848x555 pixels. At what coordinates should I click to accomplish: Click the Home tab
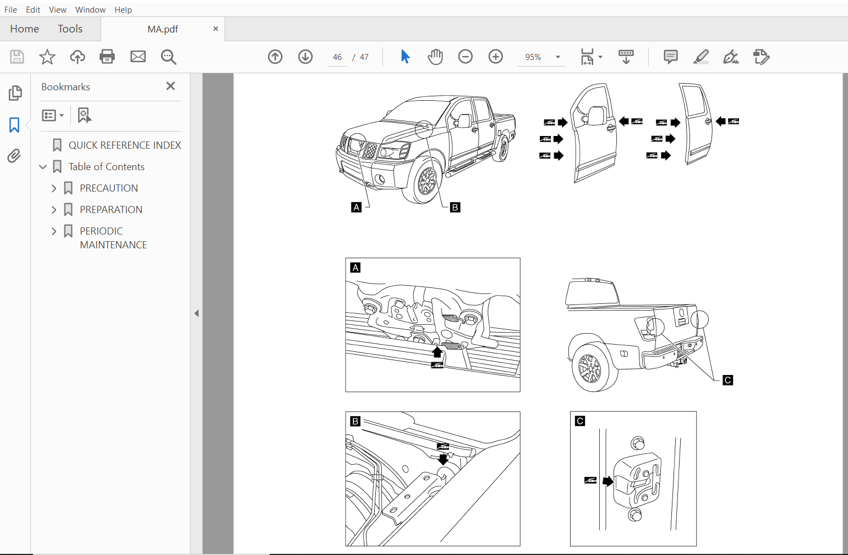[x=24, y=29]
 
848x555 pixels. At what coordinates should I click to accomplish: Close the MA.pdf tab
[x=215, y=29]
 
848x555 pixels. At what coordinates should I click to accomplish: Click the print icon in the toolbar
[x=107, y=57]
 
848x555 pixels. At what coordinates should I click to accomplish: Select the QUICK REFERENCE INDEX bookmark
[x=124, y=145]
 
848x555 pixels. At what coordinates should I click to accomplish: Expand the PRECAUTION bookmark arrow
[x=54, y=188]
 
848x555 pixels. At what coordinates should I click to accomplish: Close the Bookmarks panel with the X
[x=171, y=86]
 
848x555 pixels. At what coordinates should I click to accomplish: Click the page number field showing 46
[x=337, y=57]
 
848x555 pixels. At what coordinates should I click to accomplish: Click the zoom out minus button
[x=466, y=57]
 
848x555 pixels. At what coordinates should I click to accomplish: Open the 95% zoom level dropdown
[x=557, y=57]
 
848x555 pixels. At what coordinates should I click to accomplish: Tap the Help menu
[x=123, y=9]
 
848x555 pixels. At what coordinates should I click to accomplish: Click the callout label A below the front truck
[x=357, y=208]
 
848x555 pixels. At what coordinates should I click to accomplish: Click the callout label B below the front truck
[x=455, y=208]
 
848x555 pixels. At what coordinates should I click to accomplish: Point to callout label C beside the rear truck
[x=727, y=380]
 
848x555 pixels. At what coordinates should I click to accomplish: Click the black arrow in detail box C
[x=608, y=481]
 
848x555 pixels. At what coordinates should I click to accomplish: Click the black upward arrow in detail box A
[x=437, y=352]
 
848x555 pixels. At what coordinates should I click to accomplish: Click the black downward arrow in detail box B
[x=443, y=459]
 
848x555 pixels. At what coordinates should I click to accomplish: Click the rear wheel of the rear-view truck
[x=590, y=368]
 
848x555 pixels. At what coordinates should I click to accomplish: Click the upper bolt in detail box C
[x=637, y=443]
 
